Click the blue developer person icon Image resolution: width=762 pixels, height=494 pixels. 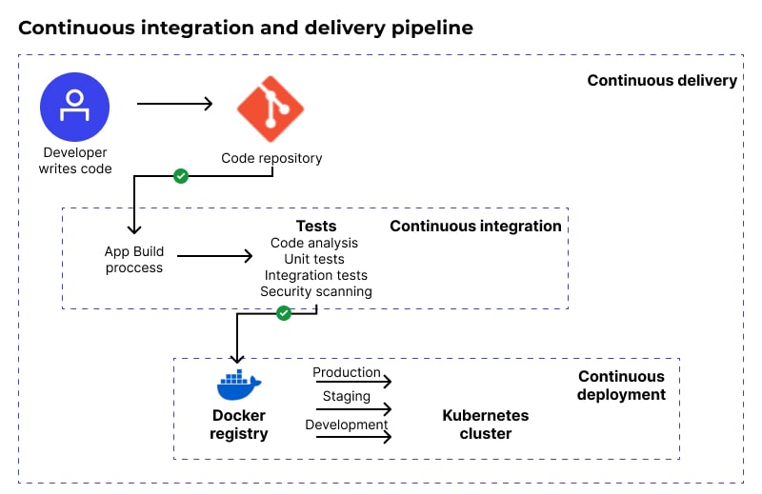click(74, 106)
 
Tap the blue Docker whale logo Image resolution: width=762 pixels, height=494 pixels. click(239, 385)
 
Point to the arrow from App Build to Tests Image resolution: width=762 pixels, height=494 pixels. click(214, 255)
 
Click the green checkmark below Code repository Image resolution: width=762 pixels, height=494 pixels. click(181, 176)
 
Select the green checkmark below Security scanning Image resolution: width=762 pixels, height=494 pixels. click(283, 312)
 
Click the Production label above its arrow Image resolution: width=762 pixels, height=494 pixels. click(347, 372)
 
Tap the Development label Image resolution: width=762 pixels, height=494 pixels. click(347, 425)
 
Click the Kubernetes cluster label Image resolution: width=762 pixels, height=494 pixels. click(485, 425)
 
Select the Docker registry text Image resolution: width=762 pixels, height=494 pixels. click(239, 425)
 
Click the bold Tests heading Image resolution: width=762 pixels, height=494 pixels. click(315, 226)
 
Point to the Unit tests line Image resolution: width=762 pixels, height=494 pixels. click(314, 259)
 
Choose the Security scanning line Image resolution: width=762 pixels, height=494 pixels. click(315, 291)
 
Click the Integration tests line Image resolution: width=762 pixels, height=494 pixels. click(315, 275)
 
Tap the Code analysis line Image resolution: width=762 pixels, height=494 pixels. click(313, 243)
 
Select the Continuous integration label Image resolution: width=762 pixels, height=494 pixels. click(475, 226)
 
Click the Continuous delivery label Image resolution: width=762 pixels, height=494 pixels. click(662, 80)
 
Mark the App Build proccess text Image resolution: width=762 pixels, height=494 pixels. click(134, 260)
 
